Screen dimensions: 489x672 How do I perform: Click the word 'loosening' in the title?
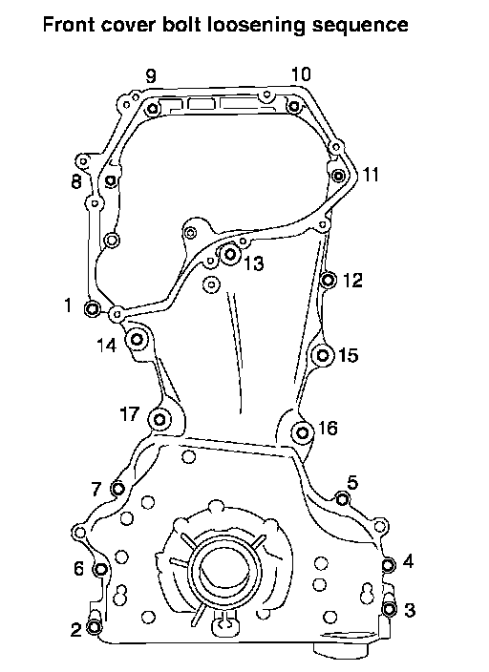(x=255, y=25)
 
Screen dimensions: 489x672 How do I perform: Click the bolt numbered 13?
(x=230, y=254)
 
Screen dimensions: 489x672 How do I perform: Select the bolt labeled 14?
(x=138, y=340)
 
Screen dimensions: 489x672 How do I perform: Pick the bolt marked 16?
(x=303, y=432)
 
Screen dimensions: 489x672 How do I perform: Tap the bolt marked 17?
(x=159, y=419)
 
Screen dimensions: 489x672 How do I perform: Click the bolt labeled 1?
(x=93, y=308)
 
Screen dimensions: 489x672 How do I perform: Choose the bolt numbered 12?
(x=329, y=281)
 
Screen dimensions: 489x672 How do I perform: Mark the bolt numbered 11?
(x=339, y=176)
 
